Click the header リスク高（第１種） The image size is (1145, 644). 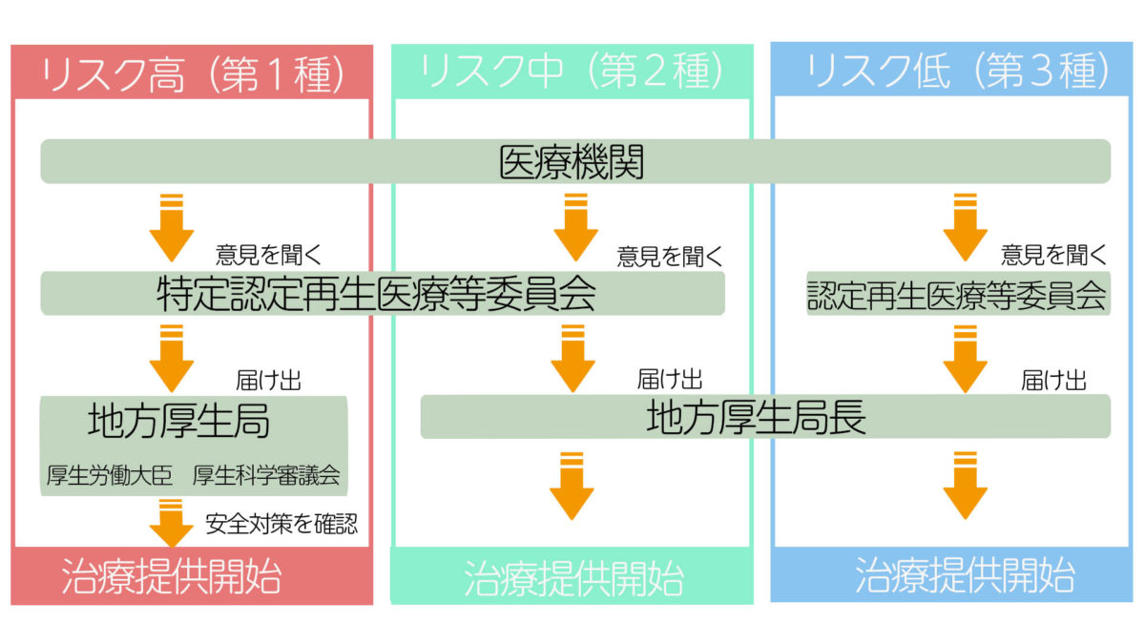(x=191, y=74)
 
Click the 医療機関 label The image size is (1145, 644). (x=572, y=162)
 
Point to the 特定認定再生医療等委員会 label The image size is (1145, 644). (x=376, y=294)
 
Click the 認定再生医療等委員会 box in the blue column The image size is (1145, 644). (x=957, y=294)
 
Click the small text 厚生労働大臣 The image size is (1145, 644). (x=110, y=474)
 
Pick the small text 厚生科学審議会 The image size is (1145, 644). (x=266, y=474)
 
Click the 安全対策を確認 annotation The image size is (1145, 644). (x=281, y=525)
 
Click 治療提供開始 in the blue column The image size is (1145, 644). (x=965, y=576)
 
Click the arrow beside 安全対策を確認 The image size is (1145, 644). (x=171, y=524)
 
